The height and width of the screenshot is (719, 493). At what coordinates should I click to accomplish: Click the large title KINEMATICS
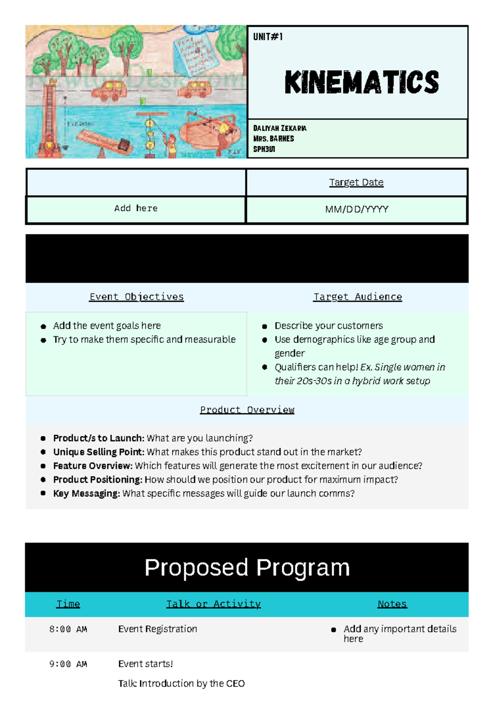click(362, 82)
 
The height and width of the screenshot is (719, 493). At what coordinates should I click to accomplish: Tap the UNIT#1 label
click(268, 37)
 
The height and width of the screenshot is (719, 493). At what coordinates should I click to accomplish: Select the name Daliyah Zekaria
click(279, 128)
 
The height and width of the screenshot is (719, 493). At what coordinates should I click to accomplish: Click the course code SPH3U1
click(264, 149)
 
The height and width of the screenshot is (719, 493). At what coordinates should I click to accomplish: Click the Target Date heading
click(356, 182)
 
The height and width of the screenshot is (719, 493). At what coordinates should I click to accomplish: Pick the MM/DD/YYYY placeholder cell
click(356, 210)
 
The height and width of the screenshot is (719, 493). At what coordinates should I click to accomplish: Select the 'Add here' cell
click(136, 208)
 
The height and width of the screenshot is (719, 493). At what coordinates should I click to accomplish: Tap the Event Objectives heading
click(136, 297)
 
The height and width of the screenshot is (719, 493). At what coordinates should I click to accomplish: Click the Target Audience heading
click(357, 297)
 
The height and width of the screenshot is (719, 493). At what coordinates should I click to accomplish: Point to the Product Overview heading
click(247, 410)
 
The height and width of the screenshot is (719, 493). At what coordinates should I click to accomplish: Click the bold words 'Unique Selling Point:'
click(99, 452)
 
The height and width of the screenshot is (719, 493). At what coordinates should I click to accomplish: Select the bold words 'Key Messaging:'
click(86, 493)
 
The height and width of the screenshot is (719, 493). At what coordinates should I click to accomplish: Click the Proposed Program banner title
click(247, 568)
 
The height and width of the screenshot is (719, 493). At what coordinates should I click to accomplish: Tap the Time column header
click(68, 604)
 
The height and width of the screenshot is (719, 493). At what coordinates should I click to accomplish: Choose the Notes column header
click(392, 604)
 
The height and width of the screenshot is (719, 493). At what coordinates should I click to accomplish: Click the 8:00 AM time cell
click(68, 629)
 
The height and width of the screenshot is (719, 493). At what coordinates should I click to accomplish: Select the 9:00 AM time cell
click(68, 664)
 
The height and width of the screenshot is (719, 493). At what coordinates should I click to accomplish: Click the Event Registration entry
click(157, 629)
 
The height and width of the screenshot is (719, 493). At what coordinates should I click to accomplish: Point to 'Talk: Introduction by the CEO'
click(181, 684)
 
